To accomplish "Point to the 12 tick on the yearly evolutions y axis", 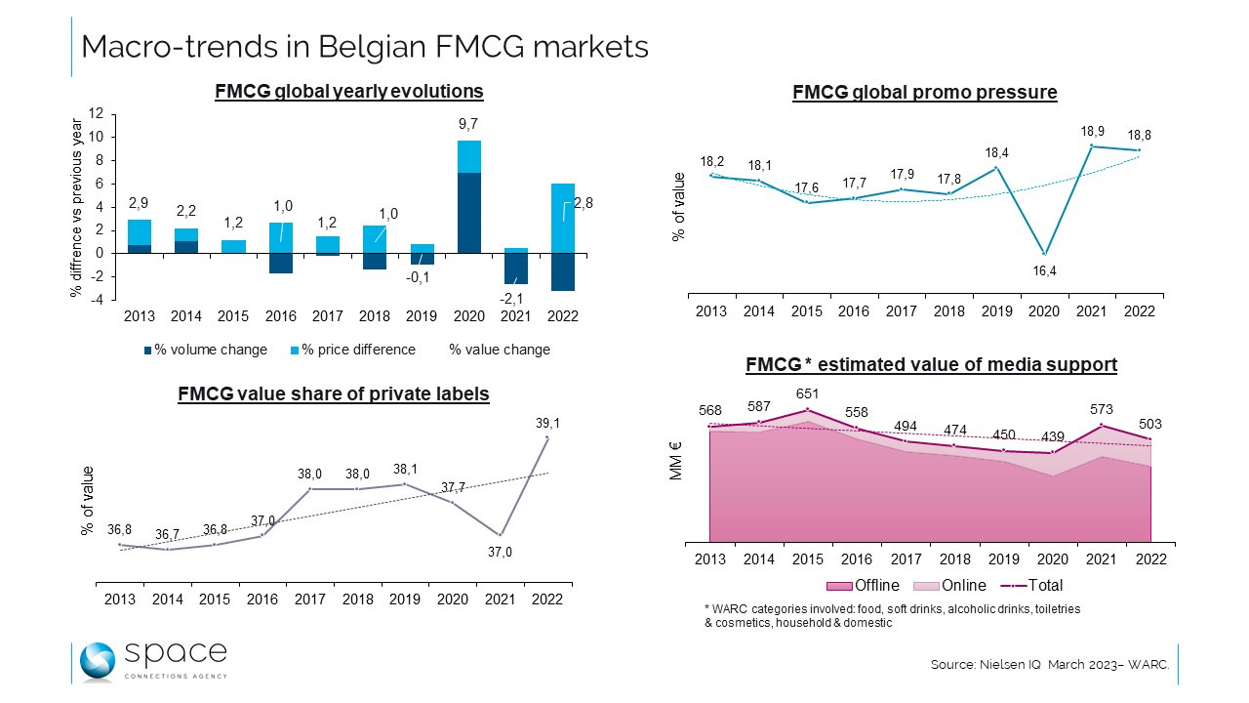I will pyautogui.click(x=96, y=114).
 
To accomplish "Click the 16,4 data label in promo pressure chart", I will pyautogui.click(x=1044, y=270).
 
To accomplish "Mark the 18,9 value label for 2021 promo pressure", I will pyautogui.click(x=1093, y=130).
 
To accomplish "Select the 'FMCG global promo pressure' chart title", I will pyautogui.click(x=925, y=93).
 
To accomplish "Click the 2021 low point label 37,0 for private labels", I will pyautogui.click(x=501, y=552).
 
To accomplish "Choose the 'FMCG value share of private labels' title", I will pyautogui.click(x=334, y=394).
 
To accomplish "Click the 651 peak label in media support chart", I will pyautogui.click(x=807, y=393).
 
